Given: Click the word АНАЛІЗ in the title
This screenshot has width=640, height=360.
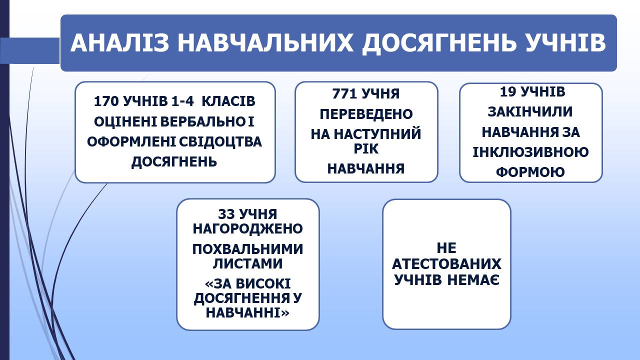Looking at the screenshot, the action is click(x=119, y=43).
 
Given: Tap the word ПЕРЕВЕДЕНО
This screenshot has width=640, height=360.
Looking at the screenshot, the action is click(x=366, y=114).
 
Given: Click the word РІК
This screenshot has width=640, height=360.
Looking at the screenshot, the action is click(x=366, y=149).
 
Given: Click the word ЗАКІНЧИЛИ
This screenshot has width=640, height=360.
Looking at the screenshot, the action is click(x=530, y=111).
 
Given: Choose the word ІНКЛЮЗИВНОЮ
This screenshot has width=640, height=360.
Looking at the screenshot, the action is click(x=530, y=152).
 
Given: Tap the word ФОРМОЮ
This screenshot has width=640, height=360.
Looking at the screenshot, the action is click(x=530, y=172).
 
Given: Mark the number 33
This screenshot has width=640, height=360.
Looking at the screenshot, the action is click(x=226, y=214).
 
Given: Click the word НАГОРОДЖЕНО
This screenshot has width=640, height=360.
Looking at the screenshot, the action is click(x=247, y=228).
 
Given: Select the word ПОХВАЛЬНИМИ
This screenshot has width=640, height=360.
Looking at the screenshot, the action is click(x=247, y=249).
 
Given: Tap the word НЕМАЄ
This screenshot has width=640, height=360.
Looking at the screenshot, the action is click(x=473, y=280).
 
